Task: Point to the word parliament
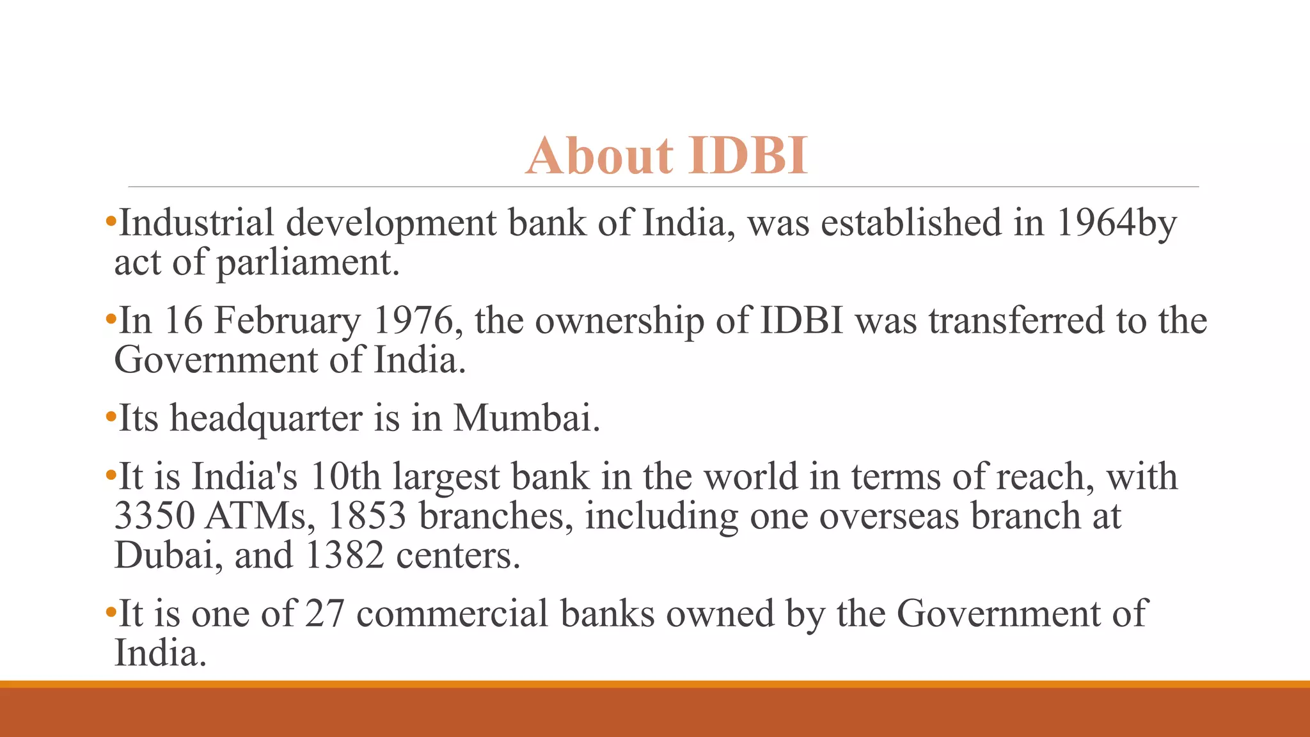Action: click(308, 263)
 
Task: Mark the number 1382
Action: click(344, 555)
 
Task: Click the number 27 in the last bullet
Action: click(324, 614)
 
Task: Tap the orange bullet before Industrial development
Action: click(111, 223)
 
